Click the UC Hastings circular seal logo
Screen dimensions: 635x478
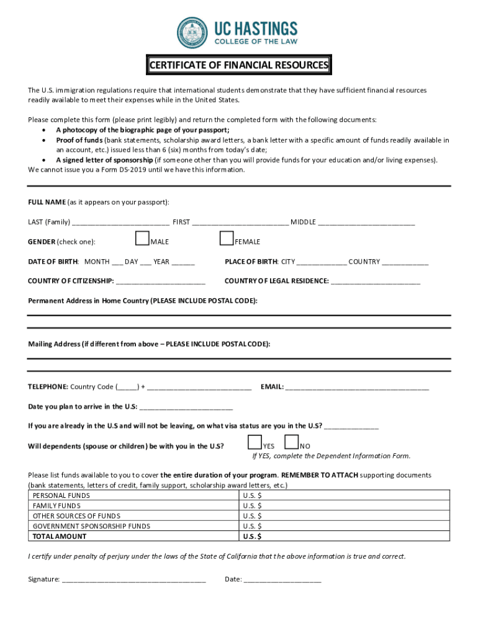193,33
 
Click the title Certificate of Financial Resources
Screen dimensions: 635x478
238,65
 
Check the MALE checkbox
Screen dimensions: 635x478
142,239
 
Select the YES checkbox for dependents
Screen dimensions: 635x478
255,442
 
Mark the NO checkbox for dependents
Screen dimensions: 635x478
291,442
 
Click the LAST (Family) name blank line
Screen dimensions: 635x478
120,223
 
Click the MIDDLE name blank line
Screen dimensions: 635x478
366,223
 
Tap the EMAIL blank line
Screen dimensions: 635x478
357,388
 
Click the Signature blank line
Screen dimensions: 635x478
133,580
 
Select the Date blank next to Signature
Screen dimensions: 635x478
282,580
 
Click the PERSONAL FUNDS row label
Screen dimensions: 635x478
61,495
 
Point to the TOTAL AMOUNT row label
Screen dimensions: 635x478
60,536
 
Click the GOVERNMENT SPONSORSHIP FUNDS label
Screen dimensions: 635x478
91,526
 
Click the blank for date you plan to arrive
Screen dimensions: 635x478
186,407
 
